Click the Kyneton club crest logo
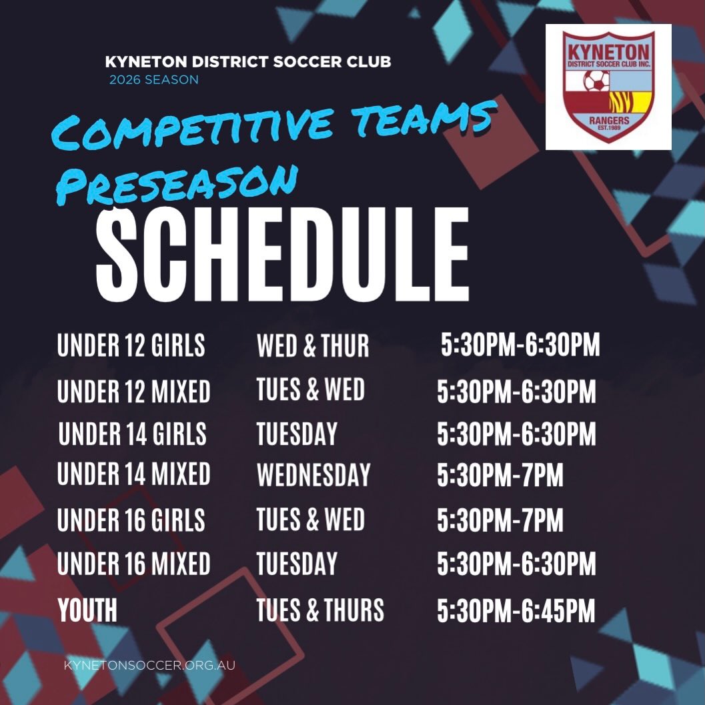coord(608,87)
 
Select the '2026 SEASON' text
coord(153,80)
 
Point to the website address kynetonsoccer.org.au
coord(149,665)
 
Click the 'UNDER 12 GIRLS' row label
coord(131,346)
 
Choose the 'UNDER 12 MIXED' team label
coord(134,391)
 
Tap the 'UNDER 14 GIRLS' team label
coord(133,434)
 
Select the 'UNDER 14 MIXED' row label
coord(134,474)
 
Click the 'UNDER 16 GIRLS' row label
coord(131,520)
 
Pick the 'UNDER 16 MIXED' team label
coord(134,564)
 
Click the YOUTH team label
coord(87,610)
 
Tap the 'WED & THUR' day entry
coord(313,346)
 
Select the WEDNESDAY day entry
coord(313,475)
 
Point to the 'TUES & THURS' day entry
coord(320,610)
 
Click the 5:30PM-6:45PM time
coord(516,611)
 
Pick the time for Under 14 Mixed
coord(500,476)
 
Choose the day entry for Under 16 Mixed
coord(297,564)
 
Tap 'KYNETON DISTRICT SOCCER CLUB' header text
coord(248,62)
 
